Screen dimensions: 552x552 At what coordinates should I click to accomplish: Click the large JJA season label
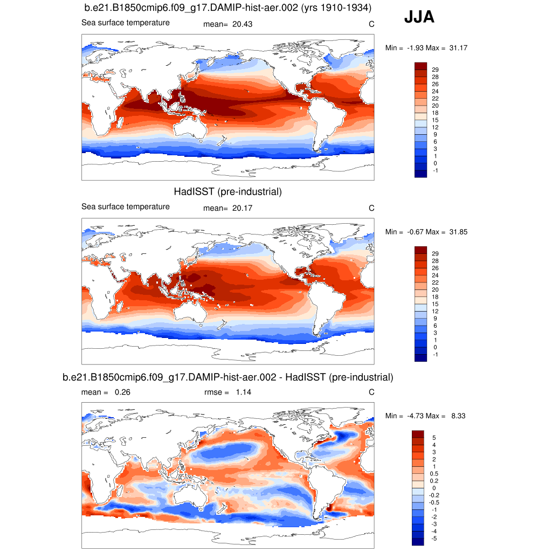pos(419,18)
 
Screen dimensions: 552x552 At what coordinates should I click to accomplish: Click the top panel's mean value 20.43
pos(243,24)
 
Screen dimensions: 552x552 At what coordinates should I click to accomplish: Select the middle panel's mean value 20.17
pos(243,208)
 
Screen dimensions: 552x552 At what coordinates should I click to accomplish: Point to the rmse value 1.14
pos(243,392)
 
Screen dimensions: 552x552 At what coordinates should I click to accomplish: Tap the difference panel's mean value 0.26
pos(122,392)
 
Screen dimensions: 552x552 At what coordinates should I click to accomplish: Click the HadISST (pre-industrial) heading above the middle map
pos(227,191)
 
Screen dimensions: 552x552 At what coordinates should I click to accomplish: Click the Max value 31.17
pos(458,48)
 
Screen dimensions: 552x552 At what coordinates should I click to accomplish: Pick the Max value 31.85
pos(458,232)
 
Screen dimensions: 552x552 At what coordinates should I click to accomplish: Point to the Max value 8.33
pos(458,416)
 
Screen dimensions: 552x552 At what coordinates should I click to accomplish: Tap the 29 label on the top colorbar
pos(436,70)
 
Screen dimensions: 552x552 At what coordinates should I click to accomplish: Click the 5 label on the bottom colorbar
pos(434,437)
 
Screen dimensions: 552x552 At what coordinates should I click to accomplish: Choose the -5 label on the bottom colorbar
pos(435,539)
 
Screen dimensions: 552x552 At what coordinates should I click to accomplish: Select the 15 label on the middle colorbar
pos(436,304)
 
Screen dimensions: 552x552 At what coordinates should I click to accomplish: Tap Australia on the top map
pos(191,129)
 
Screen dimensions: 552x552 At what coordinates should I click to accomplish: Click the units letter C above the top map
pos(371,24)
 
